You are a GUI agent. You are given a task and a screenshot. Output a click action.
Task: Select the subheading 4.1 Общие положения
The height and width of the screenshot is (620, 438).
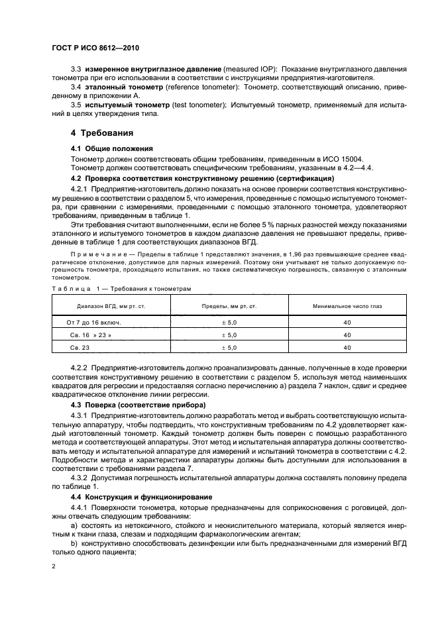(112, 148)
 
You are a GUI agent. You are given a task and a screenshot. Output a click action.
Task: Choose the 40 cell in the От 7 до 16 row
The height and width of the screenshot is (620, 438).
(347, 323)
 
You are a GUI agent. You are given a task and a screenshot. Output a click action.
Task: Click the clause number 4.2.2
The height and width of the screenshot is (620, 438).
(82, 367)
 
